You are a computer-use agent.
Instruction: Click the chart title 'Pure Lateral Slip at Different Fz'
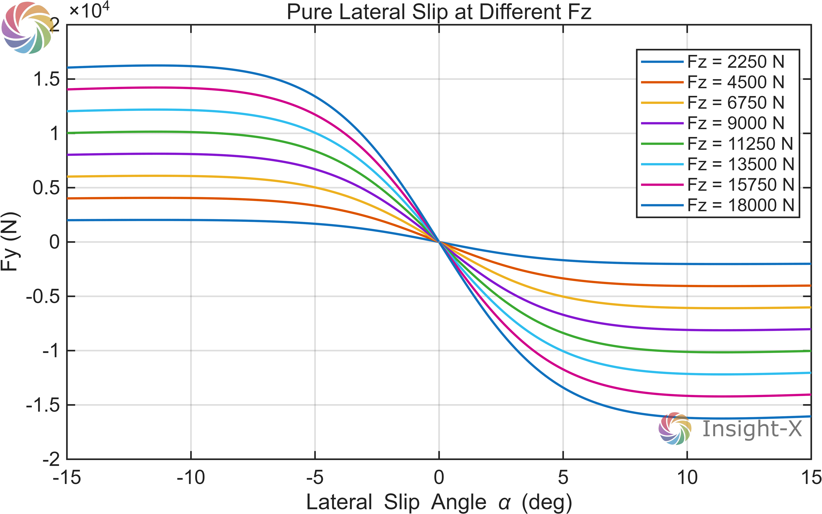439,12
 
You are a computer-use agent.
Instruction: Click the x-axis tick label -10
191,478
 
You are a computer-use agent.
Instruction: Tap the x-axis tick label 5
563,478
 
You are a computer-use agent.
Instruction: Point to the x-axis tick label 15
811,478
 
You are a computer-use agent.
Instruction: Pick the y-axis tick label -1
51,350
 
